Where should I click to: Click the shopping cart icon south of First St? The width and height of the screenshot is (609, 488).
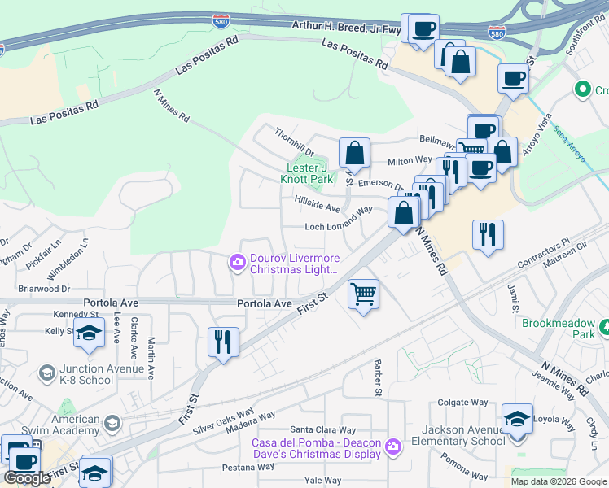pyautogui.click(x=363, y=294)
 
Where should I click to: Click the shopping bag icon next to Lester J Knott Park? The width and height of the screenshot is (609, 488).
pyautogui.click(x=355, y=153)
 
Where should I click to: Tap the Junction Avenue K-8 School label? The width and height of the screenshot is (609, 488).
pyautogui.click(x=85, y=374)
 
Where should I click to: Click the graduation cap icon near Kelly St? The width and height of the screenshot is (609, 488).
pyautogui.click(x=89, y=333)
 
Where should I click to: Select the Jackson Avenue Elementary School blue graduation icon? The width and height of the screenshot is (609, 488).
pyautogui.click(x=517, y=420)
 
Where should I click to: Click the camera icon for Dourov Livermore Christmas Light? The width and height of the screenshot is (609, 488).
pyautogui.click(x=237, y=262)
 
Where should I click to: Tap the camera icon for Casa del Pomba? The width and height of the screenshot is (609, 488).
pyautogui.click(x=393, y=447)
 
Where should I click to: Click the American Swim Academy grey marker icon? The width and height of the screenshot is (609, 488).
pyautogui.click(x=112, y=423)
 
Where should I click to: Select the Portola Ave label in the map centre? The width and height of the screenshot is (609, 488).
pyautogui.click(x=264, y=303)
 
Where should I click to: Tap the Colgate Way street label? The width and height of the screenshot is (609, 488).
pyautogui.click(x=462, y=402)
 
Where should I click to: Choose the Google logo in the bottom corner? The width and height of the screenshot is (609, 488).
pyautogui.click(x=28, y=478)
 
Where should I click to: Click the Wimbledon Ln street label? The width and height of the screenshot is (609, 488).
pyautogui.click(x=85, y=257)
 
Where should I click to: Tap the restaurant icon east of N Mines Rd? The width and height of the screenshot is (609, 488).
pyautogui.click(x=488, y=235)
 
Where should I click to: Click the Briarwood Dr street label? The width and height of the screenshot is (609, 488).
pyautogui.click(x=44, y=288)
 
